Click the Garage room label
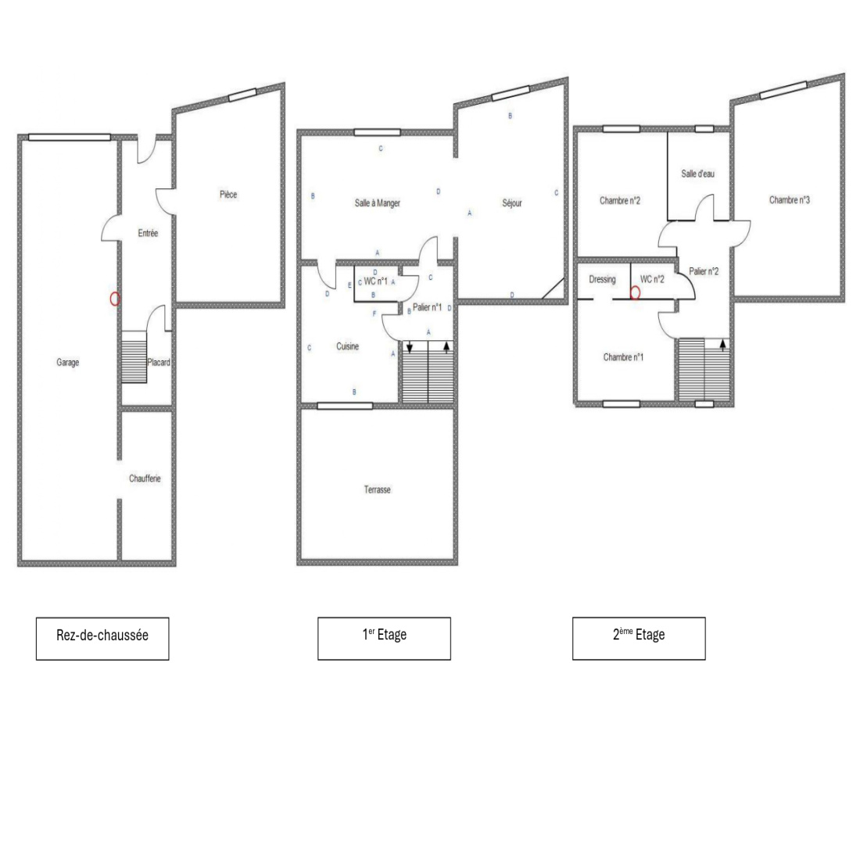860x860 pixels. [x=67, y=363]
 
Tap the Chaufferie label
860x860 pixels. [x=145, y=478]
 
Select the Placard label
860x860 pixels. [x=159, y=363]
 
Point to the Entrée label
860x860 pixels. [x=148, y=233]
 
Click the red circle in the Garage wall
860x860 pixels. [x=115, y=299]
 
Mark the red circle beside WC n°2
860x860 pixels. [x=635, y=293]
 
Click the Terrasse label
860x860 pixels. [x=378, y=489]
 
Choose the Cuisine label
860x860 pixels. [x=347, y=346]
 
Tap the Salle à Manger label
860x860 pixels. [x=378, y=203]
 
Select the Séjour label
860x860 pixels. [x=512, y=203]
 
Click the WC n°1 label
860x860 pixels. [x=376, y=281]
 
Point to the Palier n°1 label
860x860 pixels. [x=427, y=307]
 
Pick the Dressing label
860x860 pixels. [x=602, y=279]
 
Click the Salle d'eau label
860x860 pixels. [x=697, y=174]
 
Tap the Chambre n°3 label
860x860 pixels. [x=790, y=200]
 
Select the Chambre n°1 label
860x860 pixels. [x=623, y=357]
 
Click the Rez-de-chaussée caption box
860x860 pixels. [x=102, y=639]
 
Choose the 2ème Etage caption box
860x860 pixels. [x=639, y=639]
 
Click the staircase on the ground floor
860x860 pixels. [x=134, y=357]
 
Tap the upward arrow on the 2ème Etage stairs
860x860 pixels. [x=723, y=345]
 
